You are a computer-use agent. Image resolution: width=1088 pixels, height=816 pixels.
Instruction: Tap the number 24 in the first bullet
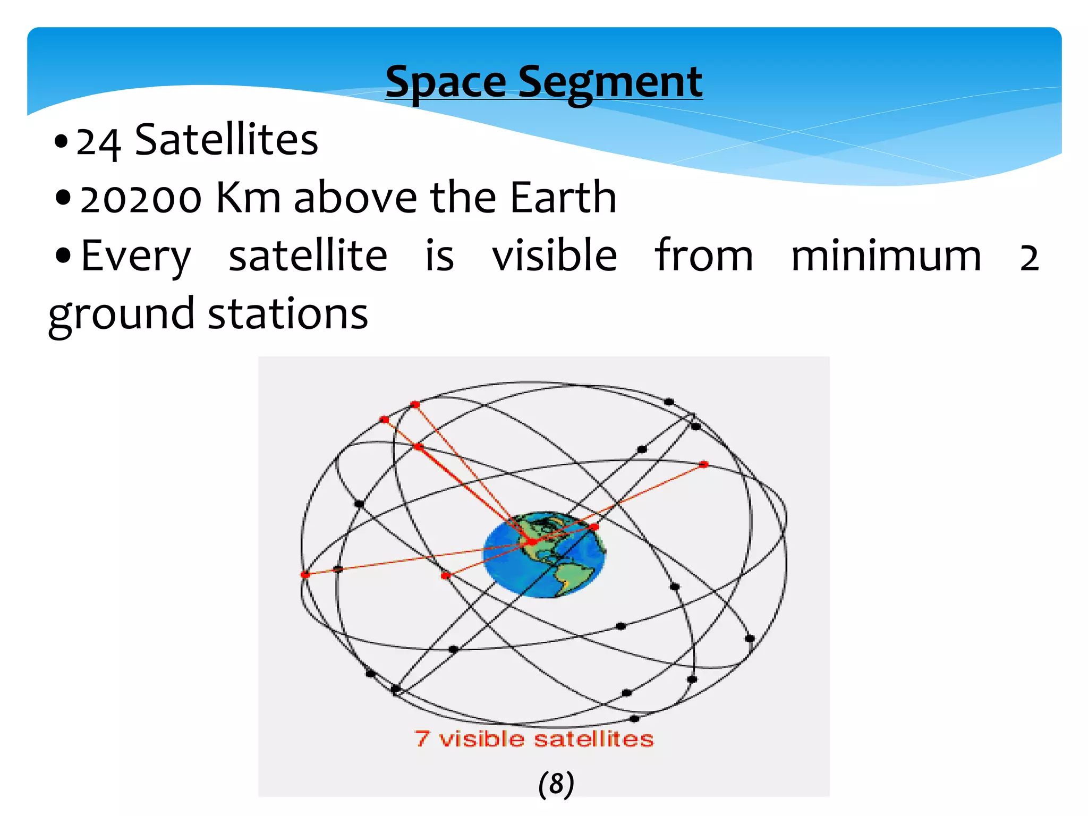(x=98, y=142)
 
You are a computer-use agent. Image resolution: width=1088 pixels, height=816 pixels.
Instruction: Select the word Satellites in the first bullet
(x=226, y=140)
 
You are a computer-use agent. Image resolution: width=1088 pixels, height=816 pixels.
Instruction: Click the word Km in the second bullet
(x=248, y=198)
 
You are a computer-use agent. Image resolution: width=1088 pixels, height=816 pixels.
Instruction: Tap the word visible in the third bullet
(x=554, y=256)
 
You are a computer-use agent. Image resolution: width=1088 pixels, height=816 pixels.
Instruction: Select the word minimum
(x=886, y=256)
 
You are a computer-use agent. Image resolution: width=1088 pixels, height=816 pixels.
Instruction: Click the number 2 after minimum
(x=1028, y=258)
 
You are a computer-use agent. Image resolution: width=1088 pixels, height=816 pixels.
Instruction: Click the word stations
(x=287, y=314)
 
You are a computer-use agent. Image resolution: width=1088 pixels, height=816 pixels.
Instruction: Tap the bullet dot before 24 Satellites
(x=62, y=142)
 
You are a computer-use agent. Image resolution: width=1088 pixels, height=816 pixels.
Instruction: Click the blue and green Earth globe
(x=543, y=555)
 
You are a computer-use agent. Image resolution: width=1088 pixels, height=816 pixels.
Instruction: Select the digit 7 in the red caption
(x=422, y=738)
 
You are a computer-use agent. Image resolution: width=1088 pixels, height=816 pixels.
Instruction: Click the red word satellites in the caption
(x=593, y=739)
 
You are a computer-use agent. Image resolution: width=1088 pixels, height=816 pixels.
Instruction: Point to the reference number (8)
(x=556, y=784)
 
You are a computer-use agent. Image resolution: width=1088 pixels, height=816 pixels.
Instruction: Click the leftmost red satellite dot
(x=305, y=575)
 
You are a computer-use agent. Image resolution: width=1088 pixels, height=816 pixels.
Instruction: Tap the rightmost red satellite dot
(x=703, y=464)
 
